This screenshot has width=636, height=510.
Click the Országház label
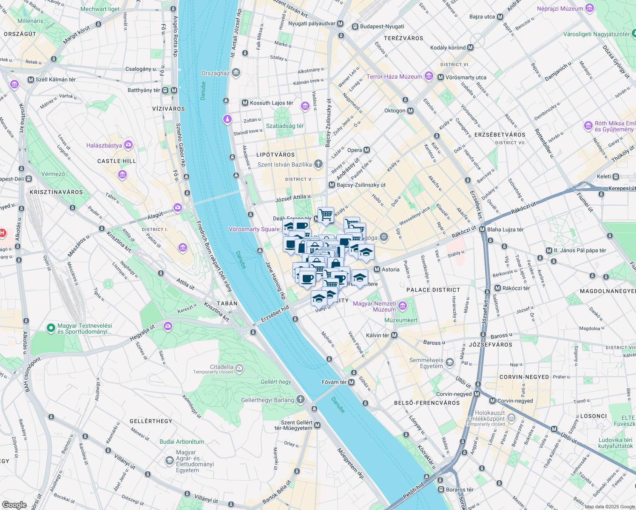[x=216, y=73]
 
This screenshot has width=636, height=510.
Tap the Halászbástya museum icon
[x=128, y=145]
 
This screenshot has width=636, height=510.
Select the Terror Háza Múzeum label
[x=394, y=76]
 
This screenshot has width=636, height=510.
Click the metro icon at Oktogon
[x=410, y=110]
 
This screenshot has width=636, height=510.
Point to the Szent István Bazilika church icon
[x=318, y=164]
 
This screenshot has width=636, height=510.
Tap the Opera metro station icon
[x=367, y=150]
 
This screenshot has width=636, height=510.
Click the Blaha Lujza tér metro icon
[x=482, y=229]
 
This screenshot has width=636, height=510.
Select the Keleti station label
[x=604, y=176]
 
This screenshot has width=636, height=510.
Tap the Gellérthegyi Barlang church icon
[x=301, y=399]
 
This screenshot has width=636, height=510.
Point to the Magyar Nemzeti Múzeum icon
[x=403, y=306]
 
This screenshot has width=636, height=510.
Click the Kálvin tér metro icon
[x=395, y=335]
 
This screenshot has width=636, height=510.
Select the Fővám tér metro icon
[x=351, y=382]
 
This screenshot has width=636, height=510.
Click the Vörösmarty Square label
[x=254, y=229]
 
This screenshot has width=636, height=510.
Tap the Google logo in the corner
[x=14, y=504]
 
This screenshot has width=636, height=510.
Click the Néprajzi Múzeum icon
[x=589, y=8]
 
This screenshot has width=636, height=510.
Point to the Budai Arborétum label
[x=182, y=442]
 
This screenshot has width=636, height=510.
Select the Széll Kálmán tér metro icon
[x=31, y=79]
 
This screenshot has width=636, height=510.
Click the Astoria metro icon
[x=377, y=269]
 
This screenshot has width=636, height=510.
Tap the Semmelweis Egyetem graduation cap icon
[x=450, y=363]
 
